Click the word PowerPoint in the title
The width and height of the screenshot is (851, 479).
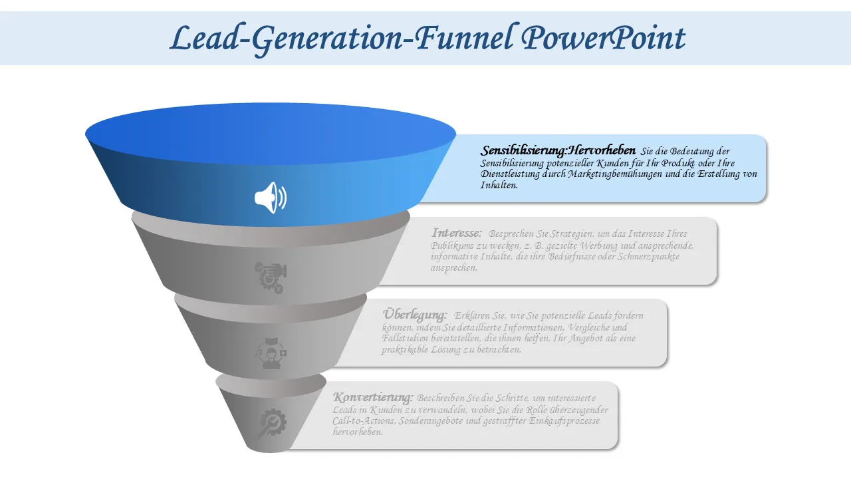[x=603, y=39]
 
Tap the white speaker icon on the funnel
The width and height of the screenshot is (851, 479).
[x=271, y=198]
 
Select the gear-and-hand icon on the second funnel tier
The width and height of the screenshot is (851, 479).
[x=271, y=277]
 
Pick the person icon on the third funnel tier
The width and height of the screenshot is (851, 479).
[x=271, y=353]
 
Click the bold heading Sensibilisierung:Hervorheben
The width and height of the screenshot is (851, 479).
[x=558, y=150]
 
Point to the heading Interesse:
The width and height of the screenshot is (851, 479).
[x=456, y=233]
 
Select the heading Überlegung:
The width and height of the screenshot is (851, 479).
[x=415, y=315]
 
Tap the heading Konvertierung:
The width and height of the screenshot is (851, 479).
[x=373, y=397]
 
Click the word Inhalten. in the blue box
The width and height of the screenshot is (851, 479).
[x=499, y=185]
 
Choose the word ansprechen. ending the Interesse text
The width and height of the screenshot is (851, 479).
[x=453, y=267]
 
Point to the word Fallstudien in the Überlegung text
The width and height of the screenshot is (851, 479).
[x=400, y=338]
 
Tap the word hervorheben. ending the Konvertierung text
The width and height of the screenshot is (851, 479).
[x=358, y=432]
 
